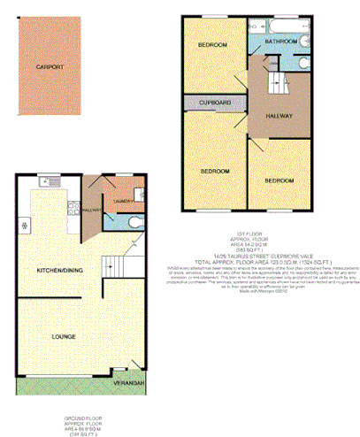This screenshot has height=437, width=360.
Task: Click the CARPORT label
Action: [49, 67]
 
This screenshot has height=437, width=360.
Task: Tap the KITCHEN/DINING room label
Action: [48, 269]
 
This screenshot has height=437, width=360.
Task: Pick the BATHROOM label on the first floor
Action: [280, 42]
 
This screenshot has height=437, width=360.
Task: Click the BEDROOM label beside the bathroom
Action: [213, 45]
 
